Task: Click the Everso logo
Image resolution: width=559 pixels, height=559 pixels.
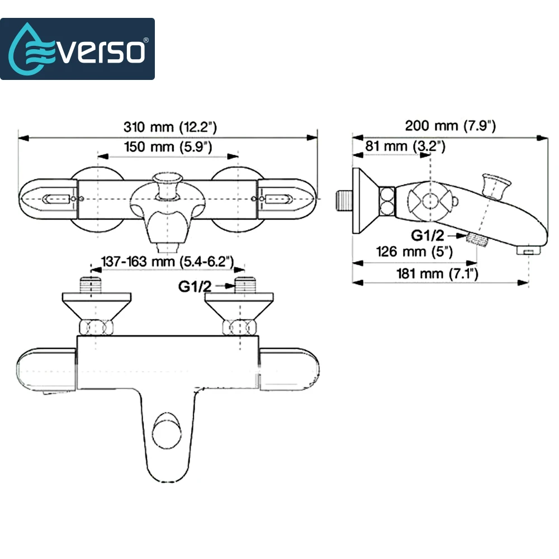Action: coord(77,49)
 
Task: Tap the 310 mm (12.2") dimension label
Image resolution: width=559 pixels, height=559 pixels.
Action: coord(170,127)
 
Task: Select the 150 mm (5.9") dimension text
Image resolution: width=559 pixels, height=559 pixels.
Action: coord(168,146)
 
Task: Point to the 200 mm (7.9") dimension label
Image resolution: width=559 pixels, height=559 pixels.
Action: coord(450,125)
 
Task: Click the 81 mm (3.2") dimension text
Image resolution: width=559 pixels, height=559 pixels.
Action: coord(405,146)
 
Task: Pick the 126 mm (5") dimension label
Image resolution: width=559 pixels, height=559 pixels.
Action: coord(414,252)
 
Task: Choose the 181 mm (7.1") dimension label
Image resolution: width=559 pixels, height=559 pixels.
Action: coord(437,274)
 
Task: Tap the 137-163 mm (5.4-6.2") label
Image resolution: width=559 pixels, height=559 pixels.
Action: coord(168,262)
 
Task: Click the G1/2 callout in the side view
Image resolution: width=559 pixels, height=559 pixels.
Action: coord(428,235)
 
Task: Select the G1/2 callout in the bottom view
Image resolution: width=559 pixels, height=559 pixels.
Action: coord(195,286)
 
